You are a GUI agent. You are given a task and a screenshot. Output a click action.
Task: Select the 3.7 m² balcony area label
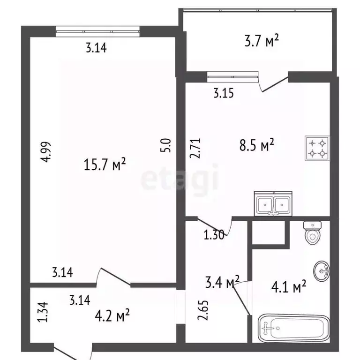[x=261, y=42]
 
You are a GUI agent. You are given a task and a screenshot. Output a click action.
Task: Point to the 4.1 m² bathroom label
[x=289, y=285]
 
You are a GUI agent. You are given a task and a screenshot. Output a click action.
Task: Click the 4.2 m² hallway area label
[x=112, y=315]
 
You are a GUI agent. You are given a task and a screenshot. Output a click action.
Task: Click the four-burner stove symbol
[x=317, y=148]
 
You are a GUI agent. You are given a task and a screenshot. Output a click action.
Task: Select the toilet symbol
[x=312, y=232]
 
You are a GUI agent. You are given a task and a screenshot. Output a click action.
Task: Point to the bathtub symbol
[x=293, y=328]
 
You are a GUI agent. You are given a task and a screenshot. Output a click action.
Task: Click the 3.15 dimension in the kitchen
[x=223, y=93]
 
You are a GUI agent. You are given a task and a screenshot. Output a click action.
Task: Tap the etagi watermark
[x=180, y=180]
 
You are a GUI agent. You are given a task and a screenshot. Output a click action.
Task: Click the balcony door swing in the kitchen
[x=274, y=84]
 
